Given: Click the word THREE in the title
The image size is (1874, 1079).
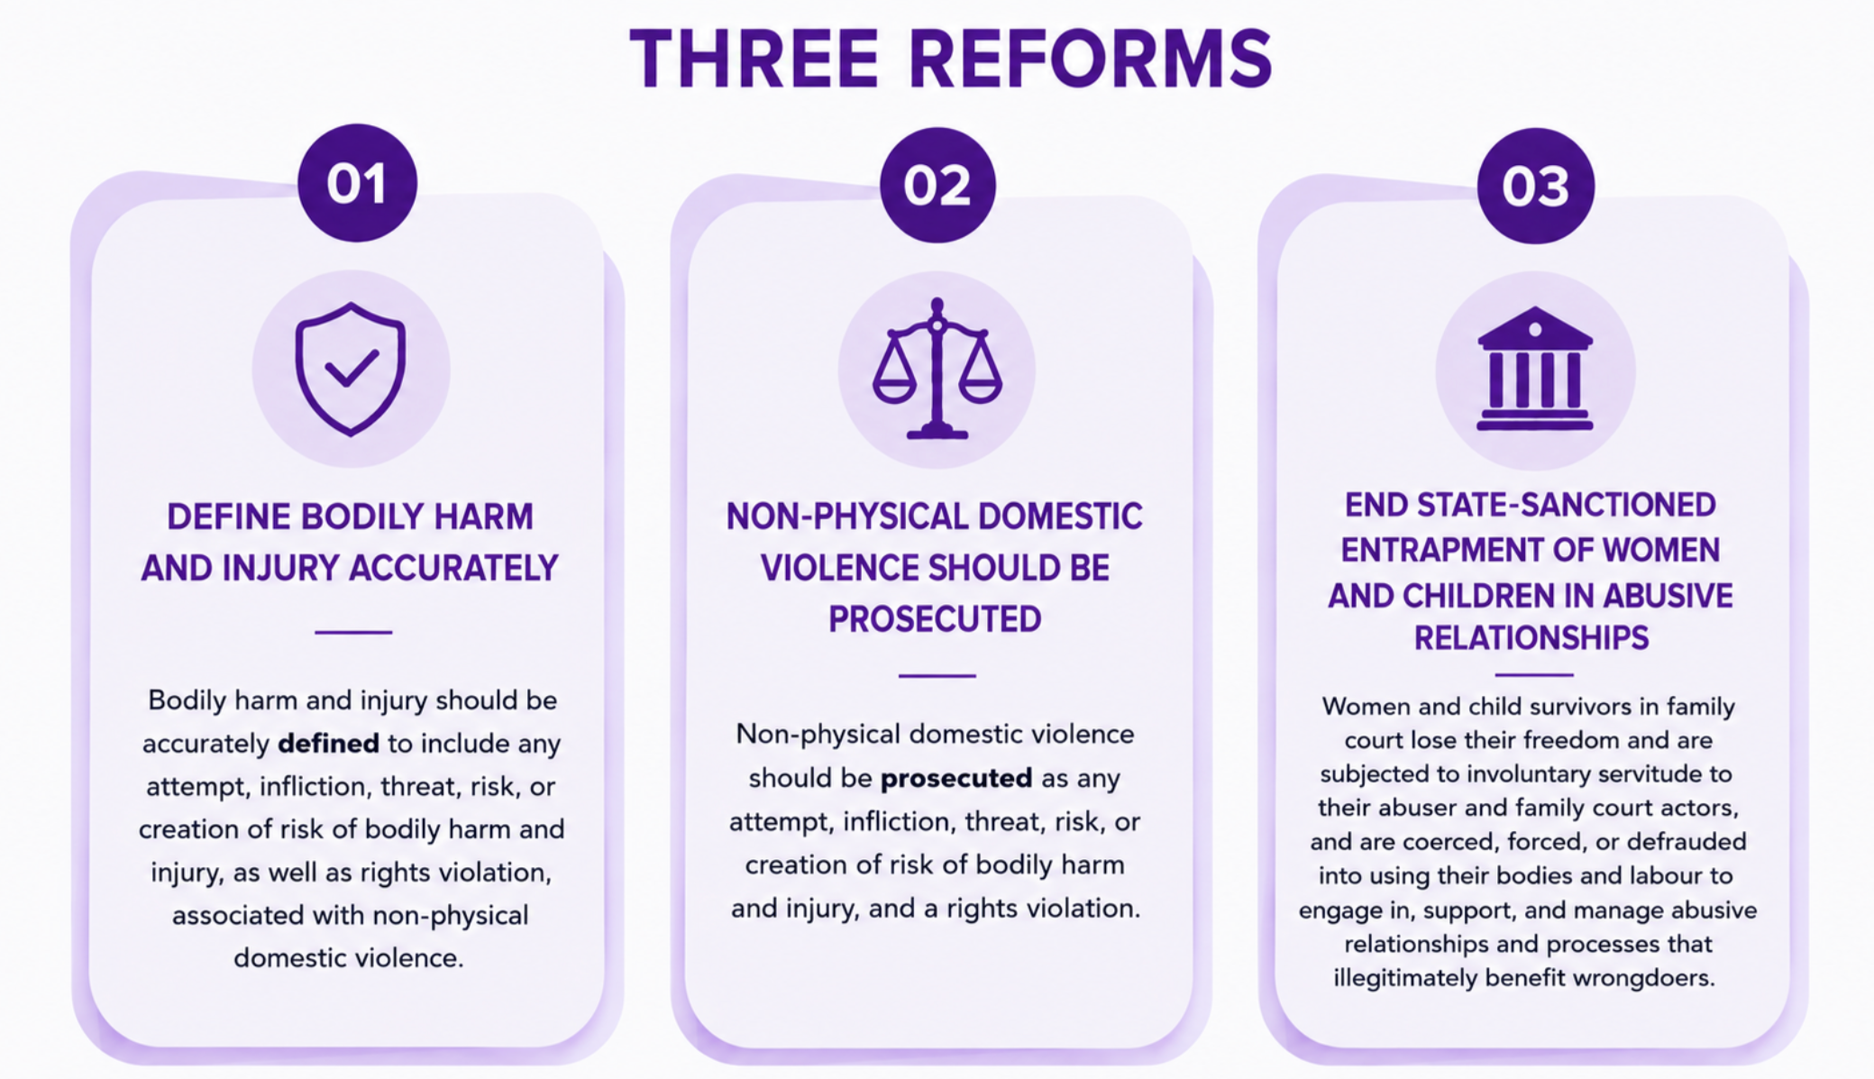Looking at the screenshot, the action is (754, 59).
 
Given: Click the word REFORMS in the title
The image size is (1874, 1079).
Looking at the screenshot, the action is (1091, 59).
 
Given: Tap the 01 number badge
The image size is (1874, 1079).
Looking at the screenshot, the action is (358, 183).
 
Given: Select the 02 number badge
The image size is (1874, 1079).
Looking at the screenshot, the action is (937, 185).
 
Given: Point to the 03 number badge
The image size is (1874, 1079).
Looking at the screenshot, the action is (1536, 186).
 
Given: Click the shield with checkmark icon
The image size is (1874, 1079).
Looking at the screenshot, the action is (351, 369).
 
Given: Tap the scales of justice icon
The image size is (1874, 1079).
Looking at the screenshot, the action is (937, 369).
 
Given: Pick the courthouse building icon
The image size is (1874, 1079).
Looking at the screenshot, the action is (1535, 369).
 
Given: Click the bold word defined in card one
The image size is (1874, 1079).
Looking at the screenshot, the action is (328, 744).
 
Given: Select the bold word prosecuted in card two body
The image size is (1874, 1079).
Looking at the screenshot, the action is (956, 778).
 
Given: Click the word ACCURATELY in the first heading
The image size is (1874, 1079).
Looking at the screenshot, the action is (453, 568).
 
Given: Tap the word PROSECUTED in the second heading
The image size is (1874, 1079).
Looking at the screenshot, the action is (935, 619).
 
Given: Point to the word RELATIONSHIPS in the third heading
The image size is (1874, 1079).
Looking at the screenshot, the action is (1531, 638).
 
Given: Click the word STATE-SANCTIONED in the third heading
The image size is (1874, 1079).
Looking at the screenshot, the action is (1567, 505).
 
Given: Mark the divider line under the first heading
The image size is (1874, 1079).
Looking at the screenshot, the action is (353, 632).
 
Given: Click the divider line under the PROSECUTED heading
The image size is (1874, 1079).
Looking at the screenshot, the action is (937, 675).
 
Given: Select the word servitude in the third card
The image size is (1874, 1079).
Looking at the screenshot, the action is (1612, 774).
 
